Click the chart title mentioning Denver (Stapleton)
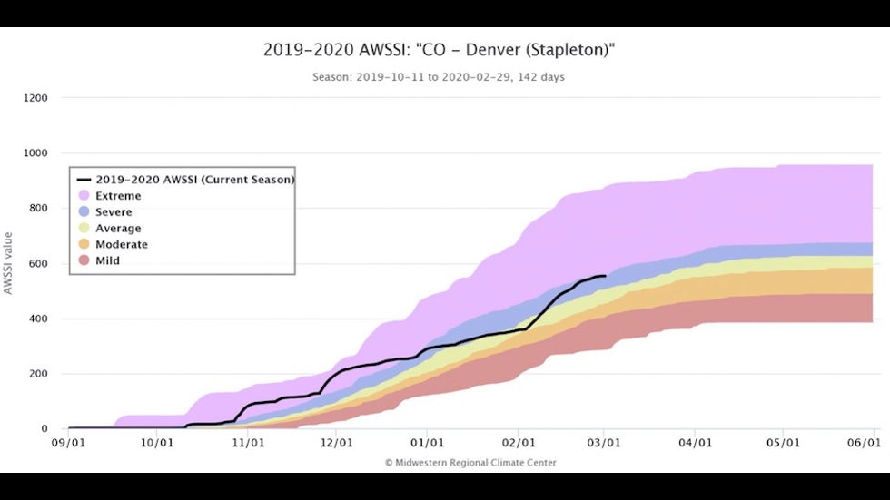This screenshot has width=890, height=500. click(x=440, y=51)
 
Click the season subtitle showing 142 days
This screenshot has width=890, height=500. click(x=439, y=77)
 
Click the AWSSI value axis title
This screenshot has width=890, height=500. click(x=9, y=263)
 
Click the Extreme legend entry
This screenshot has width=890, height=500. click(x=119, y=195)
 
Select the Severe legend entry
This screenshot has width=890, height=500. click(x=114, y=211)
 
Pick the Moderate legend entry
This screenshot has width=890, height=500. click(x=122, y=244)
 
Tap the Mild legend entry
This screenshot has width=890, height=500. click(x=108, y=260)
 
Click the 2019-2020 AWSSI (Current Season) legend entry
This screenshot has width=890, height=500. click(x=194, y=180)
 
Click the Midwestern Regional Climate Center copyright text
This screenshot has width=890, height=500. click(x=470, y=463)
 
